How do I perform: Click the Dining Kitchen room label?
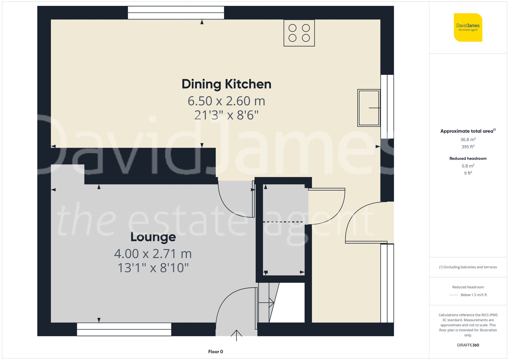point(226,84)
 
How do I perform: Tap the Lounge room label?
point(153,237)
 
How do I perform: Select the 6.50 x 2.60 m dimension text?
point(226,101)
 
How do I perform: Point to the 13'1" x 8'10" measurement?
point(153,268)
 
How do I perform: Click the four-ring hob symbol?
point(299,33)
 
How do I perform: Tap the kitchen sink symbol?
point(369,108)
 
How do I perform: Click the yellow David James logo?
point(468,27)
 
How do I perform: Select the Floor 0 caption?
point(215,352)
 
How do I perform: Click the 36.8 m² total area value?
point(468,139)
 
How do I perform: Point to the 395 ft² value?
point(468,147)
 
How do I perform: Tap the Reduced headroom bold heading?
point(468,159)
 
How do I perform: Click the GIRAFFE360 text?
point(468,345)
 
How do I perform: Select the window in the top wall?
point(176,13)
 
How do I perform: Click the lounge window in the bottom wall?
point(124,329)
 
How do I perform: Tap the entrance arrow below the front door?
point(236,335)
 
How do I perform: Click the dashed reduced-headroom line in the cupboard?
point(283,222)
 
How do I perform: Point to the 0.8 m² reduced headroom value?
point(468,166)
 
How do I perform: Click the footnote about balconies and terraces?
point(468,267)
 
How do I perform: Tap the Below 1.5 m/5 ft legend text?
point(474,295)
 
